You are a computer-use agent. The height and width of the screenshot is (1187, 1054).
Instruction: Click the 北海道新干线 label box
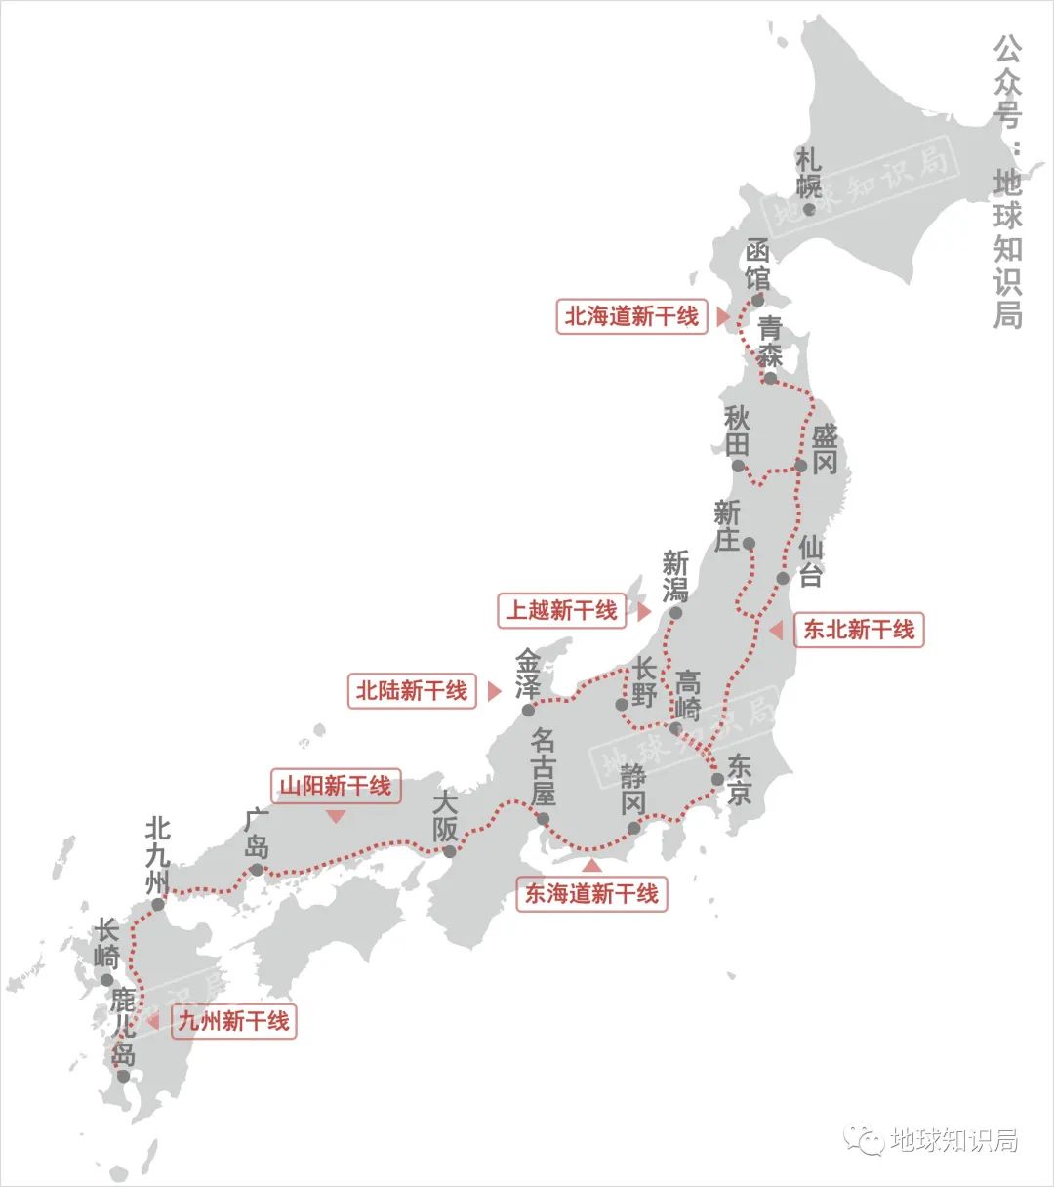(x=631, y=316)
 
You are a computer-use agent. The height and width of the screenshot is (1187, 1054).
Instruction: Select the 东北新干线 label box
(x=858, y=630)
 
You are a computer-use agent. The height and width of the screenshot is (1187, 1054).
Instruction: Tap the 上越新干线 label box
(x=561, y=610)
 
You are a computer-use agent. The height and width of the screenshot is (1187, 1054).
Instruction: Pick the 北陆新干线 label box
(x=411, y=691)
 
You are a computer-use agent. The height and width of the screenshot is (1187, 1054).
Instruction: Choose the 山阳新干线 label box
(x=335, y=786)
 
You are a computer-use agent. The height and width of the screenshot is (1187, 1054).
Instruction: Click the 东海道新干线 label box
(x=591, y=893)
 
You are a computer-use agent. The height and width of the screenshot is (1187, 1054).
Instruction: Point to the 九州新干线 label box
(x=233, y=1021)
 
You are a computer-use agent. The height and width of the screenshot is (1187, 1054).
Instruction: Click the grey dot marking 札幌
(x=809, y=209)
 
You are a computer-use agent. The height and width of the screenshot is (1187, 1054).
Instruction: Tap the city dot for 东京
(x=717, y=779)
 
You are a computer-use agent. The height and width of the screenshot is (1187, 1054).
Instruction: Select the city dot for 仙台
(x=783, y=578)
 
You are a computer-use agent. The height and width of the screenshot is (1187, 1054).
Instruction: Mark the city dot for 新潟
(x=675, y=613)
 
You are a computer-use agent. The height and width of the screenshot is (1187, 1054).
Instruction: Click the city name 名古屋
(x=543, y=766)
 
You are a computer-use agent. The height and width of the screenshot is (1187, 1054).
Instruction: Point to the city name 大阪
(x=445, y=818)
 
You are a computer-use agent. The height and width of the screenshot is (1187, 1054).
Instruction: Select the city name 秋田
(x=738, y=431)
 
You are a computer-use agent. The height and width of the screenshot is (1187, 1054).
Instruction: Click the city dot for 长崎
(x=107, y=980)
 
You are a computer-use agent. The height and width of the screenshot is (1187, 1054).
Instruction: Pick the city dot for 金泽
(x=527, y=710)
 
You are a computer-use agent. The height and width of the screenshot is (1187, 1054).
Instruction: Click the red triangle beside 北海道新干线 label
(x=722, y=317)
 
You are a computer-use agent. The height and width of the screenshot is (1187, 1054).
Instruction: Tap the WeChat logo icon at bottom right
(x=864, y=1139)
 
